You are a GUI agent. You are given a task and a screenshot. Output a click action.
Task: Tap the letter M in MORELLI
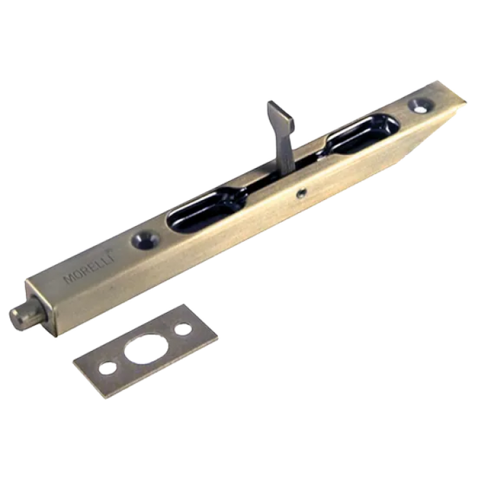(x=68, y=279)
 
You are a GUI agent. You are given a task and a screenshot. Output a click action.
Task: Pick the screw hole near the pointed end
(x=421, y=105)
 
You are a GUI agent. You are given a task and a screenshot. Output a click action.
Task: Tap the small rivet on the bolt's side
(x=302, y=193)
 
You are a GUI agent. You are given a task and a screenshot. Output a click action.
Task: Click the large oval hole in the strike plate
(x=145, y=349)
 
